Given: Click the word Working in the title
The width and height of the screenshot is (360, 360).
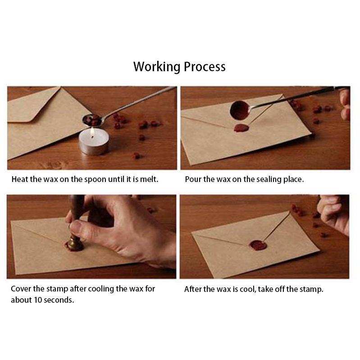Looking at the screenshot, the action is coord(157,67).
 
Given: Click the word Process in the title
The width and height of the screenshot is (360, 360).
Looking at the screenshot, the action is coord(205,67).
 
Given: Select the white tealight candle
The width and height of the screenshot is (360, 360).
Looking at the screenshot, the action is coord(94,141).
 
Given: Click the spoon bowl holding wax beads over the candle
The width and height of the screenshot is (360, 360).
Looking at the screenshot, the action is coord(92,120).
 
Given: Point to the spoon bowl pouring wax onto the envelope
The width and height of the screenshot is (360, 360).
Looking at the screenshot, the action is coord(239,110).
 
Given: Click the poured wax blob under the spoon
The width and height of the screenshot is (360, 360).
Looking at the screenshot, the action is coord(242,128).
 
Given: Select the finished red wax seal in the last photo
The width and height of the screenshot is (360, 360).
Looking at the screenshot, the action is coord(258,245).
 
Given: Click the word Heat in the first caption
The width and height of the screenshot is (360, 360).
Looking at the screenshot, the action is coord(20,179).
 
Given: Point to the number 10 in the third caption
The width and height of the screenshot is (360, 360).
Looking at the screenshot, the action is coord(38,300).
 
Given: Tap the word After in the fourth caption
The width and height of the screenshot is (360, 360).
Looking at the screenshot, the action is coord(193,289).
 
